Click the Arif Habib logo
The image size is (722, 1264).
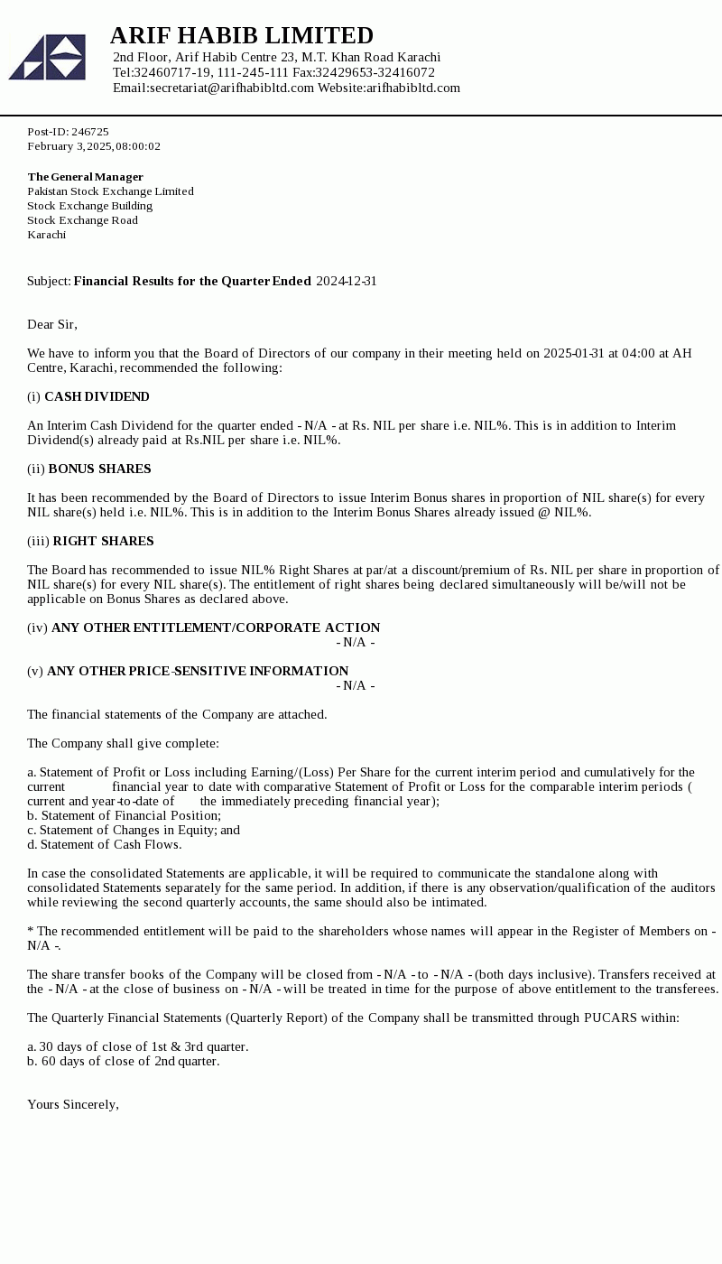47,57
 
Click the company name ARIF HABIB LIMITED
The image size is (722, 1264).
241,36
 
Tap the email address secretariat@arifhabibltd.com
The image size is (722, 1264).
232,88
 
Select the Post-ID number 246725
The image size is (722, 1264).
90,132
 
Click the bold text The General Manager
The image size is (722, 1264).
85,177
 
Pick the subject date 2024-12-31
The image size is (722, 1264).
347,281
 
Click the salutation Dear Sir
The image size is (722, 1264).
52,324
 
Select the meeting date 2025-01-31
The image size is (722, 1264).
574,353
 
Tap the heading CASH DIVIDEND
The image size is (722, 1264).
97,396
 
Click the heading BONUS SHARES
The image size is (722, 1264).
99,469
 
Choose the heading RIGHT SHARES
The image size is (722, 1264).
103,541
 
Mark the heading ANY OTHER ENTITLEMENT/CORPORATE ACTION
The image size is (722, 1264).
216,627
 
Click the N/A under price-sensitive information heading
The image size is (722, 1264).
356,685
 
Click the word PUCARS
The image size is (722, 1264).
611,1018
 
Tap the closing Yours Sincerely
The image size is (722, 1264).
72,1104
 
